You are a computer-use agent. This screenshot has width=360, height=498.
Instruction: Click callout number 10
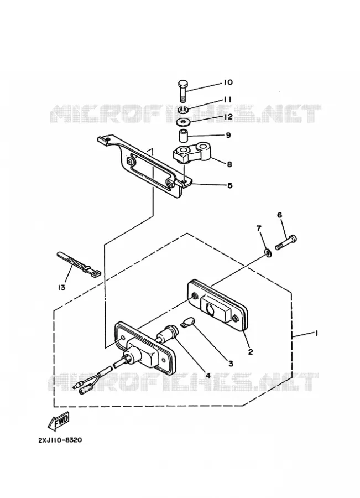click(x=228, y=82)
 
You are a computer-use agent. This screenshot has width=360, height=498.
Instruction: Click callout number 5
click(x=230, y=185)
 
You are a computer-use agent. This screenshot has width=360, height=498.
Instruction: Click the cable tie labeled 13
click(x=78, y=264)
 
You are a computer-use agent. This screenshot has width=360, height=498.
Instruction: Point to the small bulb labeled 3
click(x=187, y=321)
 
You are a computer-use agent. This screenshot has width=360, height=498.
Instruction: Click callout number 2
click(x=250, y=351)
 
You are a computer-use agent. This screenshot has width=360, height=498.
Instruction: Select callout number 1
click(x=316, y=333)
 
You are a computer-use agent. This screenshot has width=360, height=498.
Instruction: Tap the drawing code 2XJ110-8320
click(x=60, y=440)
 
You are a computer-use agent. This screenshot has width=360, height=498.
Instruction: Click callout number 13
click(x=61, y=287)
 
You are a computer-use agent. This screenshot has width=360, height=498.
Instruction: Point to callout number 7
click(x=259, y=228)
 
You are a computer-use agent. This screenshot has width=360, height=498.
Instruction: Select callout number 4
click(x=208, y=375)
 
